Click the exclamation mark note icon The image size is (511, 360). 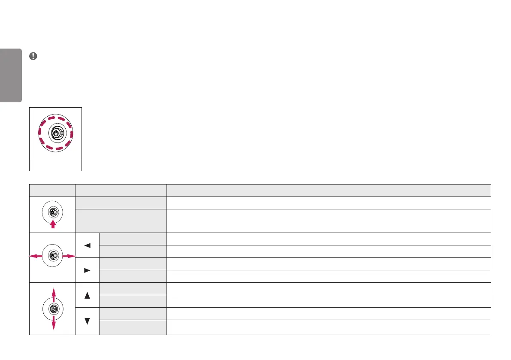click(x=33, y=56)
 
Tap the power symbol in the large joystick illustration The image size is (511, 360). click(x=55, y=133)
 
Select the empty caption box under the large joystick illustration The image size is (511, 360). click(x=55, y=165)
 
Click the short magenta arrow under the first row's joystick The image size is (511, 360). click(x=52, y=224)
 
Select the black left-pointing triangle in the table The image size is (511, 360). click(x=87, y=245)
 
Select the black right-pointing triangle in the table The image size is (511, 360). click(x=87, y=270)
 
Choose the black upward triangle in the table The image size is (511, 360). click(x=87, y=295)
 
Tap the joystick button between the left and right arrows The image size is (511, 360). click(x=52, y=256)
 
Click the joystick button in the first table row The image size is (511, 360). click(x=52, y=212)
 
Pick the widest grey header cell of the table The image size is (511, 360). click(x=329, y=191)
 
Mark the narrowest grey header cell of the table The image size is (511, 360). click(x=52, y=191)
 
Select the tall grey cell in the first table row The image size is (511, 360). click(x=121, y=221)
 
